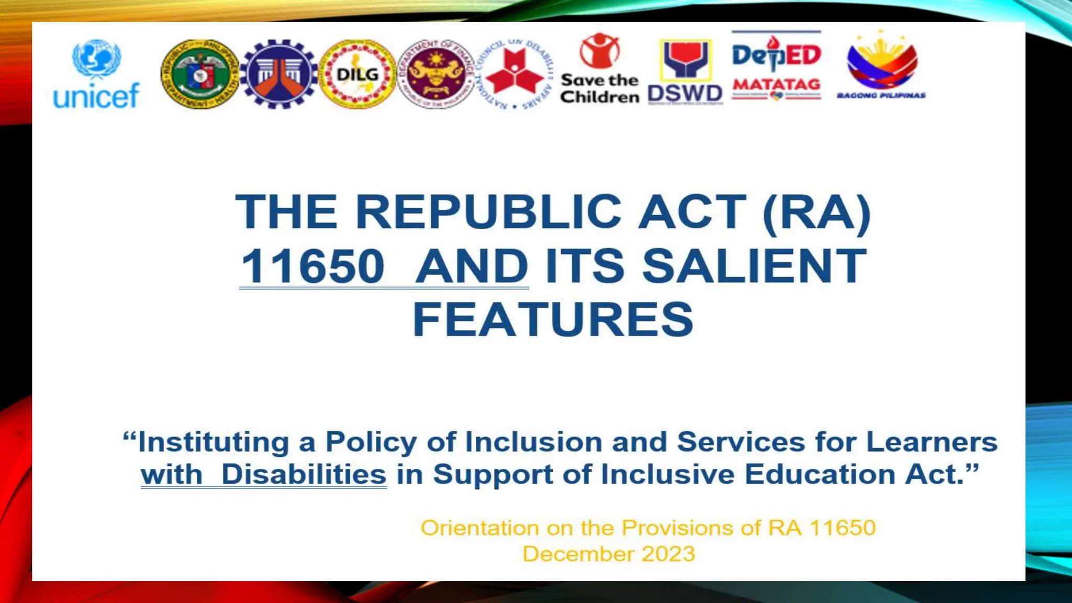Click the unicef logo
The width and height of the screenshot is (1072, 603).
[96, 74]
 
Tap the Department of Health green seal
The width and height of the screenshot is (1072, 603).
[199, 74]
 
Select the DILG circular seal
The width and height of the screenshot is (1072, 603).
[358, 74]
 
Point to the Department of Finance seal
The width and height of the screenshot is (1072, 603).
[436, 74]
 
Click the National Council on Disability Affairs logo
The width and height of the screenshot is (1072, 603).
[515, 73]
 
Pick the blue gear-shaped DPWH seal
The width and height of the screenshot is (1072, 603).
[278, 74]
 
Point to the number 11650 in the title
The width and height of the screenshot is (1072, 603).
[312, 266]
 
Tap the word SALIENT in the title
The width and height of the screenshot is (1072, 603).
[754, 266]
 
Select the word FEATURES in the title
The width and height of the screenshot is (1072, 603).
[553, 320]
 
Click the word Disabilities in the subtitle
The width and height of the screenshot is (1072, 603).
[304, 474]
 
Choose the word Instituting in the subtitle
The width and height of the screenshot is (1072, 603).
[213, 442]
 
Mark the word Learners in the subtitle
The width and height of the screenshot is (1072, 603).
[932, 442]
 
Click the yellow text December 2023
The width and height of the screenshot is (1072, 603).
[609, 554]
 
